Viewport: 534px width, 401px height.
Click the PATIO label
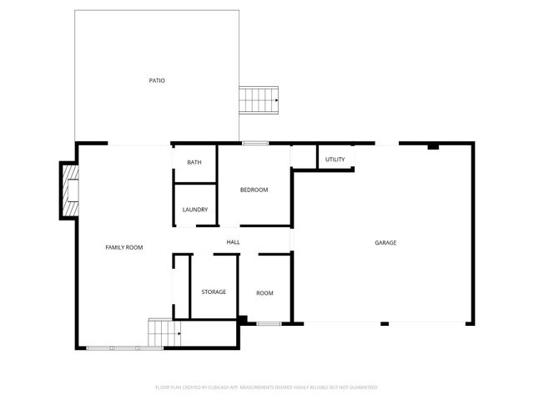point(157,81)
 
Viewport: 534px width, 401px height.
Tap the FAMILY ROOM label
point(123,247)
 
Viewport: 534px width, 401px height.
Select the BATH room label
point(194,162)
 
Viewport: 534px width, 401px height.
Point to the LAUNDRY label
point(194,210)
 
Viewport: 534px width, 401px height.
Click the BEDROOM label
point(254,190)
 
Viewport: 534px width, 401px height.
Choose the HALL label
point(234,242)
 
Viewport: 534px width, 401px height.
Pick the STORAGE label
point(214,292)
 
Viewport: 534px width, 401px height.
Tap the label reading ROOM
point(264,293)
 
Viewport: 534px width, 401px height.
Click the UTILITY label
point(335,159)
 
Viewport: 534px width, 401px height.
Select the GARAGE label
point(385,242)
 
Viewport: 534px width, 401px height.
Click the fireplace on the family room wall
point(68,190)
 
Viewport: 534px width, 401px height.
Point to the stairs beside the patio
point(259,100)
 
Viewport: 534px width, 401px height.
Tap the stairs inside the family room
point(164,332)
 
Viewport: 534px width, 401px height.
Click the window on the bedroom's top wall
point(255,144)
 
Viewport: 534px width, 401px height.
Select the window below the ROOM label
point(268,323)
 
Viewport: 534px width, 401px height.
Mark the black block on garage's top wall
point(432,146)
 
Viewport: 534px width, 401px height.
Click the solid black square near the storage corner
point(242,319)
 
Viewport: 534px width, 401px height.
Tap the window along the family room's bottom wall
point(113,348)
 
